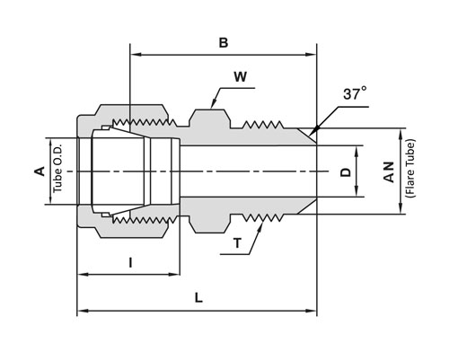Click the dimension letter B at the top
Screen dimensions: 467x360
click(224, 43)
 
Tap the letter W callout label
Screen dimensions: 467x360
click(240, 77)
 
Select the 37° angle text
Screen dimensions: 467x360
click(355, 93)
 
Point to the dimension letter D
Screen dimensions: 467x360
click(346, 172)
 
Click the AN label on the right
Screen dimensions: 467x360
click(389, 172)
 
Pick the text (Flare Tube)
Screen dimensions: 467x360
click(410, 168)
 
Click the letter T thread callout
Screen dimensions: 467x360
click(237, 243)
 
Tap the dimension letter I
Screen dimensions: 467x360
click(130, 263)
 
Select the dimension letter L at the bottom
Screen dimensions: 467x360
click(198, 298)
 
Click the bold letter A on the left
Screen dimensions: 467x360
click(40, 171)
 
